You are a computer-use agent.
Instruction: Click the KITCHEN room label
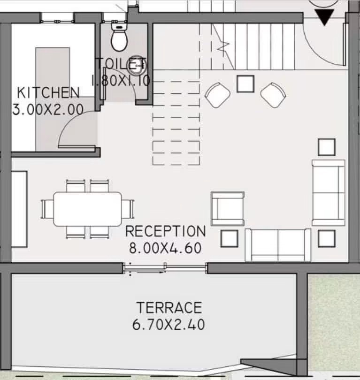click(x=48, y=92)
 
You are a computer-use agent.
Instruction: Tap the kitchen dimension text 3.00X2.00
click(x=48, y=109)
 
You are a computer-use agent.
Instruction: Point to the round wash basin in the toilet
click(x=137, y=66)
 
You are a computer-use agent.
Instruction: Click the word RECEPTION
click(x=165, y=231)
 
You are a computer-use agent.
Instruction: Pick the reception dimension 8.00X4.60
click(x=165, y=248)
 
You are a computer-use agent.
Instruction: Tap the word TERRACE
click(x=169, y=308)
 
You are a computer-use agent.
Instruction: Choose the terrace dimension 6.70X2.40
click(x=169, y=325)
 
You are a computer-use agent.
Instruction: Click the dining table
click(x=87, y=209)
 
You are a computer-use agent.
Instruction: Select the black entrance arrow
click(x=324, y=17)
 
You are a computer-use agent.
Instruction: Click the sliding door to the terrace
click(x=165, y=268)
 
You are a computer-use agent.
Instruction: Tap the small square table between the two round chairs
click(x=245, y=84)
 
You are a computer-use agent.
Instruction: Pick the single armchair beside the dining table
click(x=227, y=209)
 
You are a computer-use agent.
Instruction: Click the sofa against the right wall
click(x=329, y=193)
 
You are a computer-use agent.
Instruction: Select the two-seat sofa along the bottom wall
click(x=278, y=245)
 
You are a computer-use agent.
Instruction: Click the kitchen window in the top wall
click(x=57, y=21)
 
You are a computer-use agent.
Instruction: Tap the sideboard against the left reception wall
click(x=19, y=209)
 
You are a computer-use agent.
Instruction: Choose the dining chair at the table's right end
click(x=128, y=209)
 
